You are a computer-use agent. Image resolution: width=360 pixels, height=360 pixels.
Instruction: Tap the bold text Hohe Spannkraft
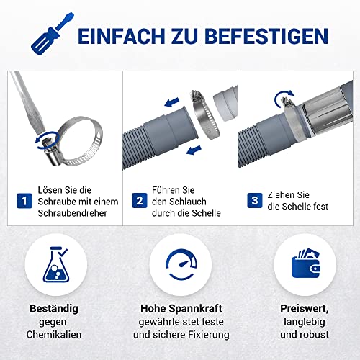tap(179, 309)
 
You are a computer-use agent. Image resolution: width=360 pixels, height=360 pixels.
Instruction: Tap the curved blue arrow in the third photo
tap(280, 102)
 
